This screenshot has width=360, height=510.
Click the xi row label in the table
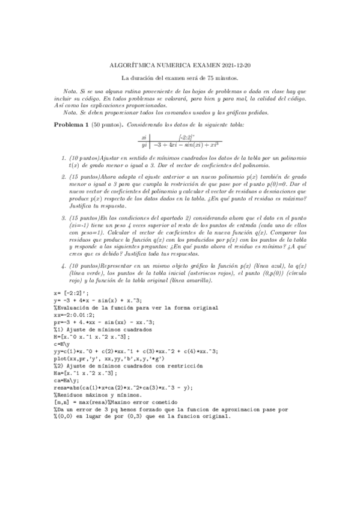144,137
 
